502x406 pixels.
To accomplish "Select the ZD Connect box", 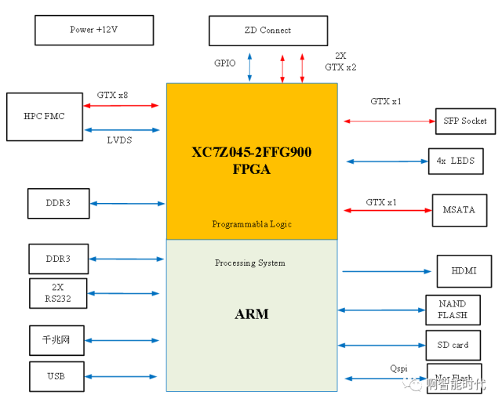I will [267, 31].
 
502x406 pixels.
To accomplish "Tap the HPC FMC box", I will [44, 117].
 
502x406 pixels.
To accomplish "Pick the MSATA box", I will [454, 210].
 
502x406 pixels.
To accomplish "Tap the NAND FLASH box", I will [453, 310].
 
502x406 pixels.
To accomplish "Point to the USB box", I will [56, 377].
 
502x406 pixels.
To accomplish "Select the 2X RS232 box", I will [58, 293].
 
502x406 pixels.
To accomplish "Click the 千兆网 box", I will [56, 340].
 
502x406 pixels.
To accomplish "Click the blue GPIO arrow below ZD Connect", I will [249, 67].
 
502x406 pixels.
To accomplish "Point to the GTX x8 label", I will [112, 95].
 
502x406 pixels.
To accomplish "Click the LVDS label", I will [119, 140].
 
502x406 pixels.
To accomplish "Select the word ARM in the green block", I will [252, 314].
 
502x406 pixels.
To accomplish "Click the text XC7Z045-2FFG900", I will [252, 152].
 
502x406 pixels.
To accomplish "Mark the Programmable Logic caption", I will [252, 224].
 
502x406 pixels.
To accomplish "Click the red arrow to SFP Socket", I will [389, 121].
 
